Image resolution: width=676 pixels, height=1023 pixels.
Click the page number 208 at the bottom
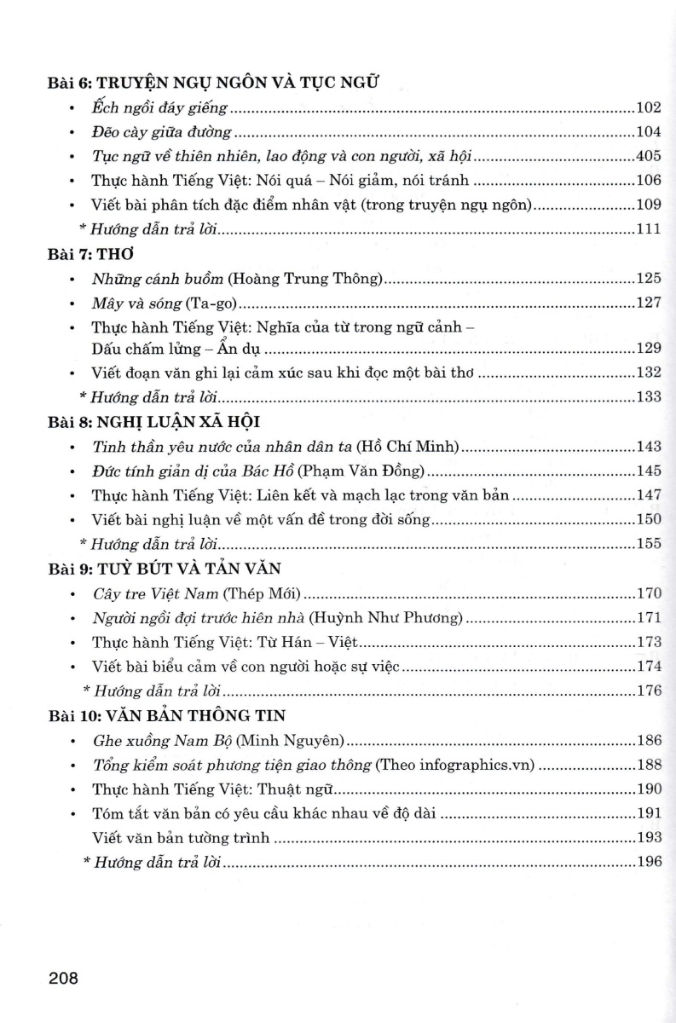64,978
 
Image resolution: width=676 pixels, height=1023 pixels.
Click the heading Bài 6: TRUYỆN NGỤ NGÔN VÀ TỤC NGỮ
213,83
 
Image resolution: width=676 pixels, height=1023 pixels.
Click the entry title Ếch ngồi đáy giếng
159,108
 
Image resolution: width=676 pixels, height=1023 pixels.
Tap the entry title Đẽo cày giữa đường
161,132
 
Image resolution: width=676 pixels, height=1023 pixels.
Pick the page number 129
649,348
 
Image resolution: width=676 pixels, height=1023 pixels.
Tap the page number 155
649,543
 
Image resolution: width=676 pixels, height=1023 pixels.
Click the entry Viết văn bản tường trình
181,837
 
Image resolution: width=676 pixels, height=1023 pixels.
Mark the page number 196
649,862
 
